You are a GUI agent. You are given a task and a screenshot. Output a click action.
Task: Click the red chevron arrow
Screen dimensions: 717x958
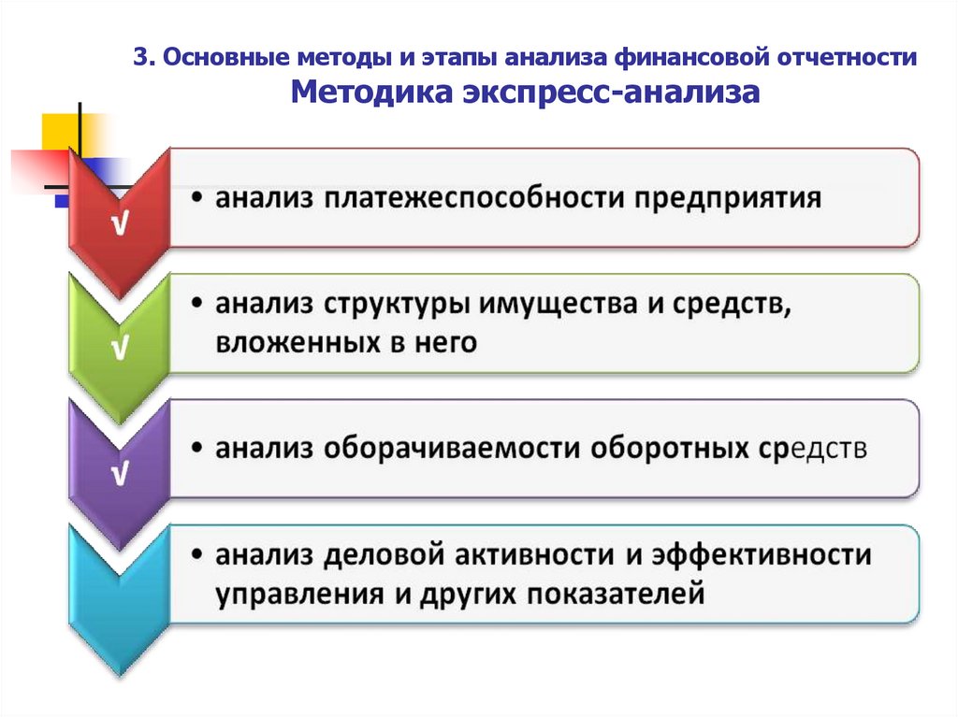(120, 220)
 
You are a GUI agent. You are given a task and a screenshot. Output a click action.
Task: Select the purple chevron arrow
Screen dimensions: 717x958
(120, 467)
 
